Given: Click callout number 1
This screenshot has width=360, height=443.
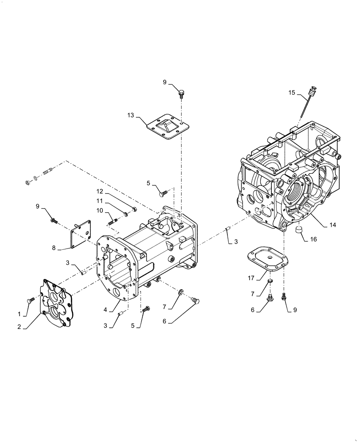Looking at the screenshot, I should [19, 314].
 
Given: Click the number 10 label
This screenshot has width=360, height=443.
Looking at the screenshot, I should [100, 210].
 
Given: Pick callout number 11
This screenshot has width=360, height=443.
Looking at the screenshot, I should [100, 201].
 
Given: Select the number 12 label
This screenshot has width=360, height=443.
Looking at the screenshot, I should [100, 191].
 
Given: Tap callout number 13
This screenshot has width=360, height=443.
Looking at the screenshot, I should [130, 116].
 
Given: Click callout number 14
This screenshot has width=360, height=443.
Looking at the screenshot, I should [333, 225].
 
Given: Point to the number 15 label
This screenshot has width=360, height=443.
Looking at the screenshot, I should [291, 92].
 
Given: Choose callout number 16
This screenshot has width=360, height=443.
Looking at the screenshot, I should [314, 239].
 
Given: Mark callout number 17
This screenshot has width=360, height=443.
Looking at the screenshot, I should [251, 278].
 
